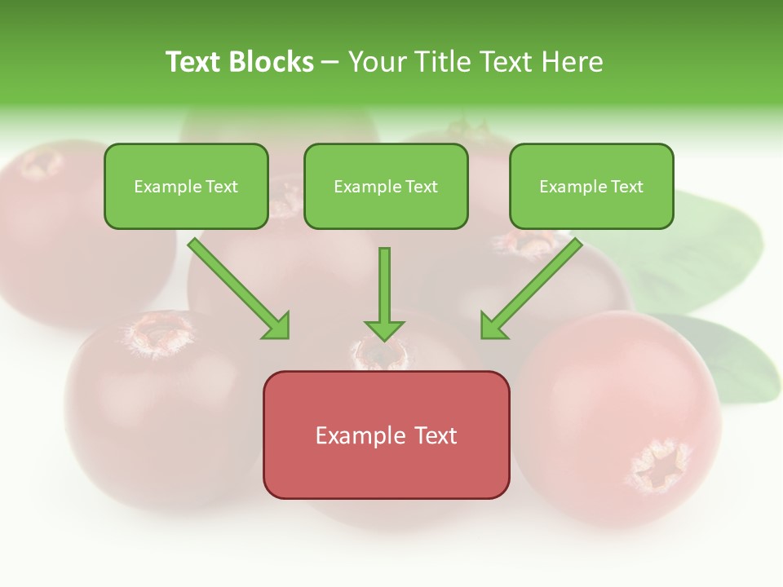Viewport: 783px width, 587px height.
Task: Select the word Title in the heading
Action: pos(441,62)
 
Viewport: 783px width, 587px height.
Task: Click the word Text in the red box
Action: pos(436,435)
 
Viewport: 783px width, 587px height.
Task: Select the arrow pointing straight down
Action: pos(384,289)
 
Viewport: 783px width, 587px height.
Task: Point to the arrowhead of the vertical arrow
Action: pos(384,329)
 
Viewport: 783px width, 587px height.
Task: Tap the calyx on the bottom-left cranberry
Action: pos(160,334)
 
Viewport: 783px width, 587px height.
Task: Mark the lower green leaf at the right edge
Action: pos(738,359)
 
